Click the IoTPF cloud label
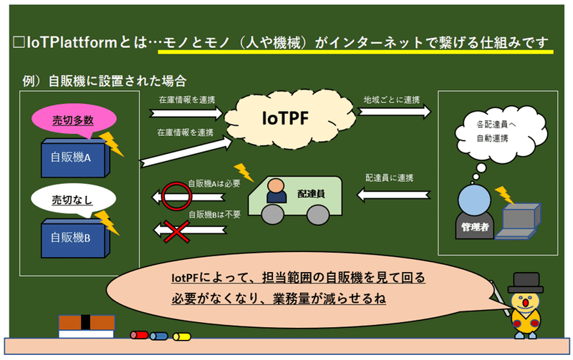[285, 118]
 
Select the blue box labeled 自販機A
[75, 157]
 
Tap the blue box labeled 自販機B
[75, 238]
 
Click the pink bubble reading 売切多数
[74, 120]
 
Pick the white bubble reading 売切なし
[74, 200]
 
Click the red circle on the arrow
[176, 196]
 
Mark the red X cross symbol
[176, 231]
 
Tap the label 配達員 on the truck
[311, 194]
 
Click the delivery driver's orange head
[276, 185]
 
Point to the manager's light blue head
[474, 200]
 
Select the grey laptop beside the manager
[518, 221]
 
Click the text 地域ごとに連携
[392, 99]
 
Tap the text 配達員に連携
[389, 177]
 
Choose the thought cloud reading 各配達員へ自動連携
[501, 134]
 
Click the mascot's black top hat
[526, 282]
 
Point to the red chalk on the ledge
[140, 335]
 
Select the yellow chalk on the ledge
[182, 336]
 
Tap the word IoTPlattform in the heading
[72, 43]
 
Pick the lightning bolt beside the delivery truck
[244, 172]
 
